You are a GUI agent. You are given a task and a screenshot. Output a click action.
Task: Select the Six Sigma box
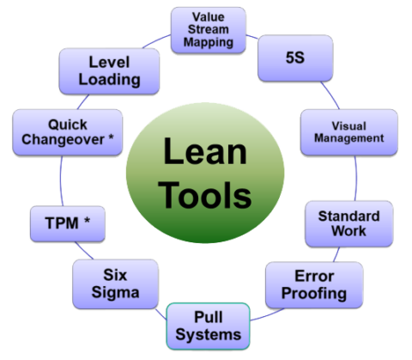[116, 284]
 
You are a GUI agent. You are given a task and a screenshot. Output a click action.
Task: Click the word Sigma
[116, 293]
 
